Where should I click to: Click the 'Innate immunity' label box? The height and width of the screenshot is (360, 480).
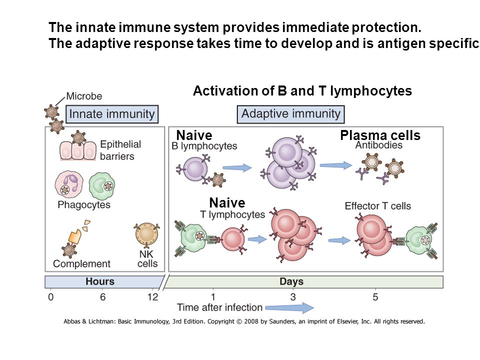tap(112, 114)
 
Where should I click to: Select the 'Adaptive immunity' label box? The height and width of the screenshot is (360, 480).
tap(291, 114)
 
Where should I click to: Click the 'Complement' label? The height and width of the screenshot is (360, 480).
tap(81, 263)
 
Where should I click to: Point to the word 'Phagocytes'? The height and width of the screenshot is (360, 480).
tap(84, 204)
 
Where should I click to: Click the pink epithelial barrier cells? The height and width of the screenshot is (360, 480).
tap(78, 150)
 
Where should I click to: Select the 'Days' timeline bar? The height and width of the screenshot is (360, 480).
tap(303, 282)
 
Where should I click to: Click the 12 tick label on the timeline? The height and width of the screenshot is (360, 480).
tap(153, 297)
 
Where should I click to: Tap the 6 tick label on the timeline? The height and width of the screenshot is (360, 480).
tap(103, 297)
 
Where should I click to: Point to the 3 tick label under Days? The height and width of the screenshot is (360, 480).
tap(293, 297)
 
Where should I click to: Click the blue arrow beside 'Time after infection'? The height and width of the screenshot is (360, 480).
tap(289, 307)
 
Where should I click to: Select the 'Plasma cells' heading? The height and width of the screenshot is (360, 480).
tap(380, 135)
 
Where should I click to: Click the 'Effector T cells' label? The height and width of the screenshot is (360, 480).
tap(378, 206)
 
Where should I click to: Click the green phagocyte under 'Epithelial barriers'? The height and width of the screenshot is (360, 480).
tap(102, 185)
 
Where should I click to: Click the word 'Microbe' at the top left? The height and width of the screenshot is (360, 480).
tap(84, 96)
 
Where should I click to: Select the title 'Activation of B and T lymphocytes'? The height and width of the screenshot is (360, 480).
tap(302, 91)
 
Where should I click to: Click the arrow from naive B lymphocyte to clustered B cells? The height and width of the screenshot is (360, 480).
tap(237, 167)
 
